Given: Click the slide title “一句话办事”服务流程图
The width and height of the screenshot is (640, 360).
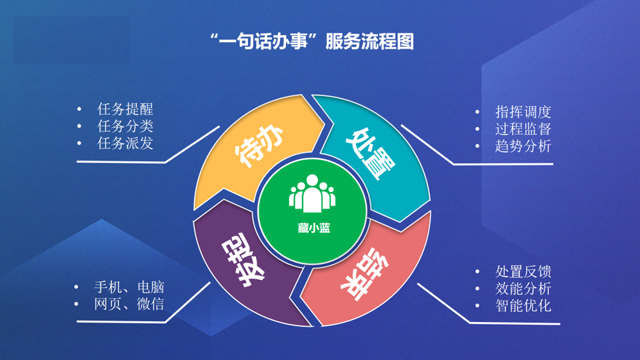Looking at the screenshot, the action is click(312, 41).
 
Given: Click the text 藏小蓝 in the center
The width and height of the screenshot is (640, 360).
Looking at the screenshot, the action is click(314, 228).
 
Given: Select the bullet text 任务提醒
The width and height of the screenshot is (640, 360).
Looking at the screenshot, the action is click(125, 109).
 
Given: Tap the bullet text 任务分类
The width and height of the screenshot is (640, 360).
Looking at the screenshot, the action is click(125, 126).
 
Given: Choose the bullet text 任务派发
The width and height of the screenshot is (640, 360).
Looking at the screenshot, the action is click(125, 143).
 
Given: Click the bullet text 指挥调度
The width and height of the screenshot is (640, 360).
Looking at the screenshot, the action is click(523, 112).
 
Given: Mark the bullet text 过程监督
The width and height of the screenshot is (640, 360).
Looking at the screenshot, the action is click(523, 129).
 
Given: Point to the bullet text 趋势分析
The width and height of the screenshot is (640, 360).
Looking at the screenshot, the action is click(523, 146).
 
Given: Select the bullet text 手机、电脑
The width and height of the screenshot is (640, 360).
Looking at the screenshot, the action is click(129, 287).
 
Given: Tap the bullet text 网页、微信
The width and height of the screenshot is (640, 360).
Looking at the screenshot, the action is click(129, 304).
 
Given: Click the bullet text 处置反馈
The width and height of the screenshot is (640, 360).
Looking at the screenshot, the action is click(523, 271).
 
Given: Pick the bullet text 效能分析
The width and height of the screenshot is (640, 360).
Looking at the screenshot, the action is click(523, 289).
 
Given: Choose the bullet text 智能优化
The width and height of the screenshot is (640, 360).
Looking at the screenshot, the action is click(523, 306).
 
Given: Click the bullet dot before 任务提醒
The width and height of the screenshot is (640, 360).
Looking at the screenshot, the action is click(79, 109).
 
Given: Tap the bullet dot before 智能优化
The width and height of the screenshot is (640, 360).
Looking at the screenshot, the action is click(477, 306).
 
